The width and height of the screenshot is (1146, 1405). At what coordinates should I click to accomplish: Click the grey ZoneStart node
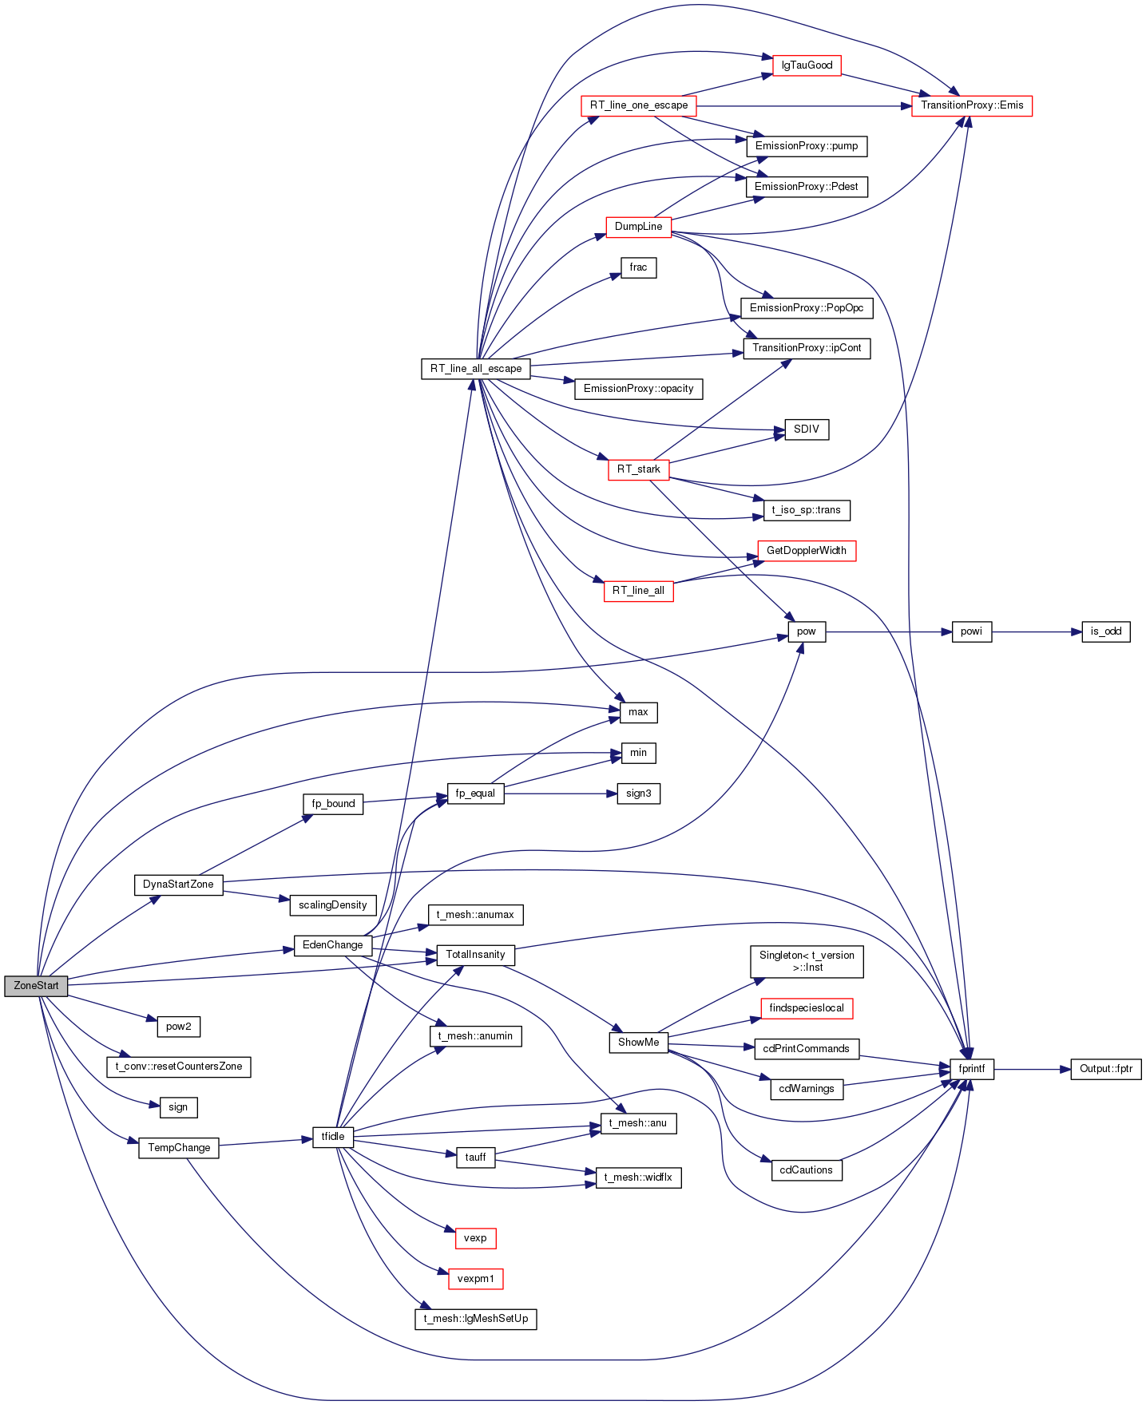[x=36, y=986]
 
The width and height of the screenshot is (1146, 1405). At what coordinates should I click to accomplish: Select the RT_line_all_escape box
[x=476, y=369]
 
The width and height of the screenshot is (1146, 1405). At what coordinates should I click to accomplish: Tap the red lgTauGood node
[x=807, y=65]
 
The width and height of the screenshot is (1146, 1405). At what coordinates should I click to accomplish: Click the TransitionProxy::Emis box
[x=972, y=105]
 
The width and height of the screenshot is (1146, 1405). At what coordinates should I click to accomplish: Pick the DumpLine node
[x=639, y=227]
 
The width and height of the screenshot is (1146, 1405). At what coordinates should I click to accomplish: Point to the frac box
[x=639, y=267]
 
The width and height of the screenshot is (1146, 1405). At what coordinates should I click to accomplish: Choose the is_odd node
[x=1106, y=631]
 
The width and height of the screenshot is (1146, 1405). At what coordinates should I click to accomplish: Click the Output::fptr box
[x=1106, y=1069]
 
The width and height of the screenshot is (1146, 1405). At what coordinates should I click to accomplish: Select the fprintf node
[x=972, y=1069]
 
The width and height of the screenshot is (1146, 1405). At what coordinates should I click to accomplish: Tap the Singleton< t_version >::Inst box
[x=807, y=961]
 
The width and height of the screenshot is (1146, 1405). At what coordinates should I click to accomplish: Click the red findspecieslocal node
[x=807, y=1008]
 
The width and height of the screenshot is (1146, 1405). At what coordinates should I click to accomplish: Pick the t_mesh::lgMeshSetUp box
[x=476, y=1319]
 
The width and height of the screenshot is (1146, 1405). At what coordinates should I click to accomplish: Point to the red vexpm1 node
[x=476, y=1279]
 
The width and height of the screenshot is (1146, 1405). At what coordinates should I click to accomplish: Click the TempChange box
[x=179, y=1148]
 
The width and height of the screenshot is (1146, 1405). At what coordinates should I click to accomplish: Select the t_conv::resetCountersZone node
[x=179, y=1067]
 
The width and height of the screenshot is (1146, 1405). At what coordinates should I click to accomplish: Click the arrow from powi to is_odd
[x=1037, y=631]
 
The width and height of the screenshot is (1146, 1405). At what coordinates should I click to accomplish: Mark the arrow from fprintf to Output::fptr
[x=1033, y=1069]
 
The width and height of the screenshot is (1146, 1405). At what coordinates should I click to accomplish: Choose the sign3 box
[x=639, y=794]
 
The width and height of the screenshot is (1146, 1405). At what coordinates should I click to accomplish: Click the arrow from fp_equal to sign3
[x=561, y=794]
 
